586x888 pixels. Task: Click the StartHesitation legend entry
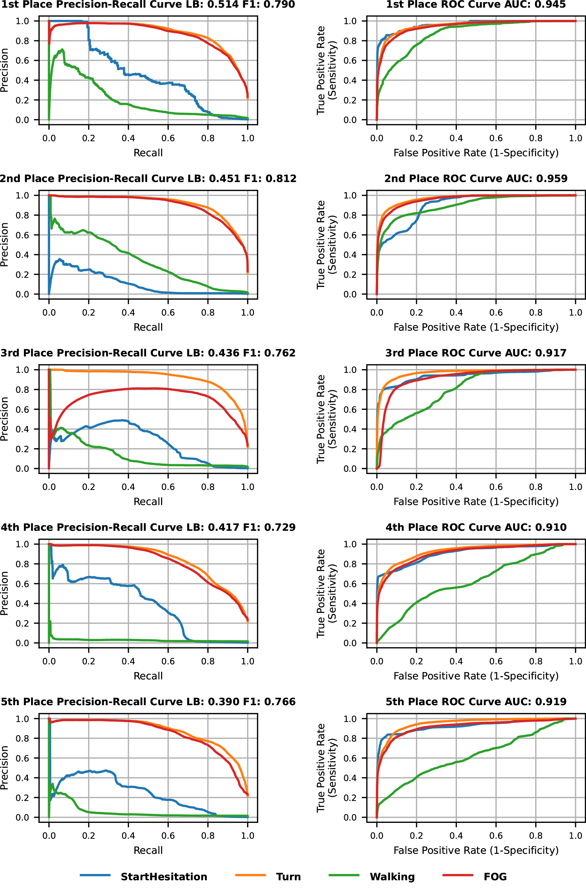click(163, 877)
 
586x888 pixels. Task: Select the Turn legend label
click(288, 877)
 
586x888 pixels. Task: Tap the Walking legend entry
click(392, 877)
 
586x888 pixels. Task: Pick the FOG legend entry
click(495, 877)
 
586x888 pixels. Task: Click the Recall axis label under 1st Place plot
click(148, 153)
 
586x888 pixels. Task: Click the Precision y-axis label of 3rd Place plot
click(5, 419)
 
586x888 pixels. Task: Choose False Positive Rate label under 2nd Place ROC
click(476, 327)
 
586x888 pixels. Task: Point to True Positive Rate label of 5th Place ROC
click(326, 768)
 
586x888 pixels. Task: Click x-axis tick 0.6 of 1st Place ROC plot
click(496, 138)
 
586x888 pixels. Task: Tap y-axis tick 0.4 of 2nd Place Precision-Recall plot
click(22, 255)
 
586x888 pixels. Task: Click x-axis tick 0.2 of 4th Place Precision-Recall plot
click(89, 661)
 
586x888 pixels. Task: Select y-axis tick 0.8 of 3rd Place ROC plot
click(350, 390)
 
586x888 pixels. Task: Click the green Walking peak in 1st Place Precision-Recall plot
click(62, 50)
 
